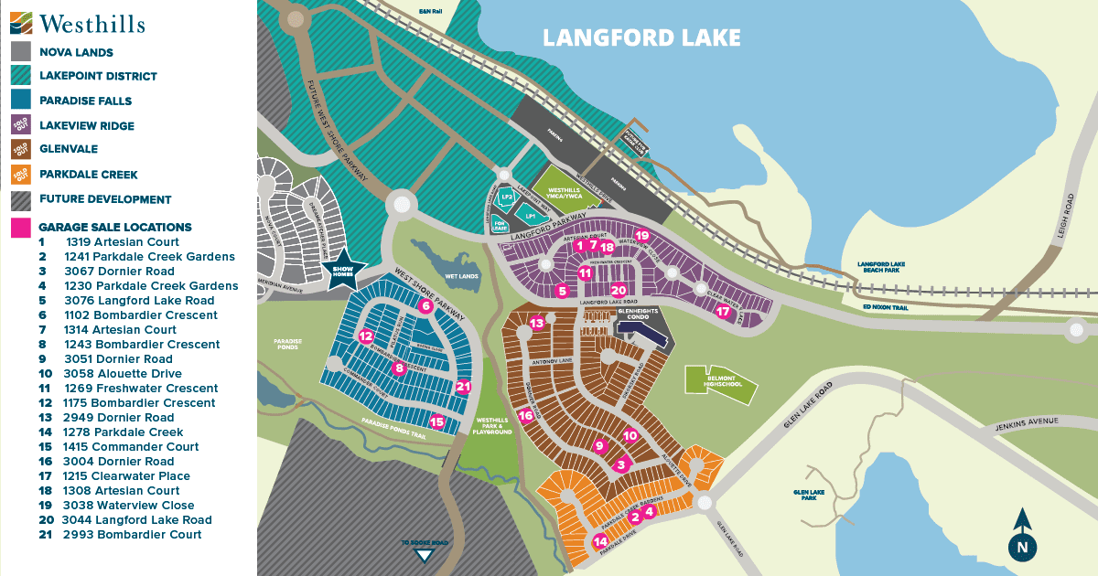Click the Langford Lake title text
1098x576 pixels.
(640, 37)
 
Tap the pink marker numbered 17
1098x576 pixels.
(723, 312)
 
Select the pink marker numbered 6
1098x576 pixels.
(425, 307)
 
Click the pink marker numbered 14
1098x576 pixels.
(600, 541)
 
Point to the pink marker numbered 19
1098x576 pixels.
(641, 236)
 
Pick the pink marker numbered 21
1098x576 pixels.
(463, 387)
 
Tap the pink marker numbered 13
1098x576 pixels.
(537, 323)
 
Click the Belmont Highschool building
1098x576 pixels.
(721, 385)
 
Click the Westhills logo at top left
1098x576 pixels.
(78, 22)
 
